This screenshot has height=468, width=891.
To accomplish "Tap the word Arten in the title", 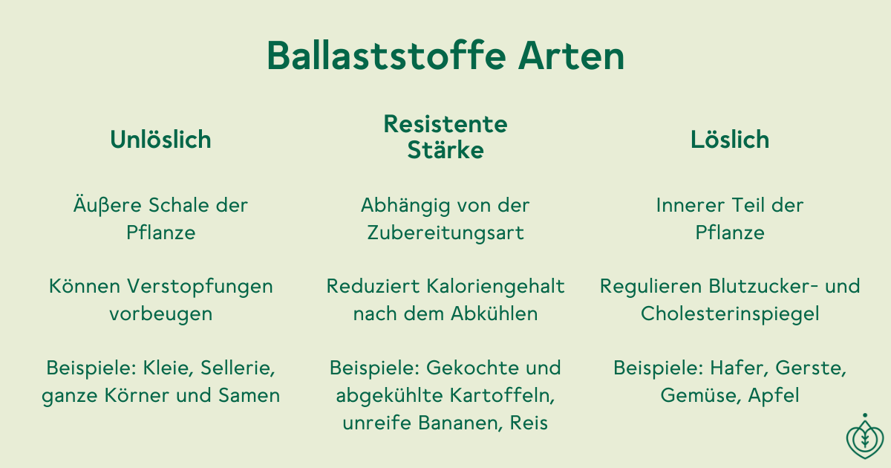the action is pyautogui.click(x=571, y=56).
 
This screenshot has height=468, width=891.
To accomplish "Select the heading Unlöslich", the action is pyautogui.click(x=160, y=140).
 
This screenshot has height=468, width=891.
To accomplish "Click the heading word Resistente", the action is pyautogui.click(x=446, y=124).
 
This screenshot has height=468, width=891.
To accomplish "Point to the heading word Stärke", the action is pyautogui.click(x=446, y=149).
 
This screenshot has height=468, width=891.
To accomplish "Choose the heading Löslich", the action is pyautogui.click(x=730, y=140).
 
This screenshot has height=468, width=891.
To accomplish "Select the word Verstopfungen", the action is pyautogui.click(x=200, y=287).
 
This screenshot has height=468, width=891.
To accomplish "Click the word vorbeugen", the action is pyautogui.click(x=160, y=314).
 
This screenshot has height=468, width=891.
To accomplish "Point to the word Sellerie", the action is pyautogui.click(x=238, y=368).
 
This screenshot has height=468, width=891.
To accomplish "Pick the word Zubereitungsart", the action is pyautogui.click(x=446, y=233).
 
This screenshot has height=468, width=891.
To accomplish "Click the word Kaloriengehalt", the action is pyautogui.click(x=496, y=287).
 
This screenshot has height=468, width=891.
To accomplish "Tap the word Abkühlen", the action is pyautogui.click(x=495, y=313).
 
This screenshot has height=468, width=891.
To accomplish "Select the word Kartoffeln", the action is pyautogui.click(x=503, y=395).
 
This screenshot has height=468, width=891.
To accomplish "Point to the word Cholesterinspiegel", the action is pyautogui.click(x=730, y=314).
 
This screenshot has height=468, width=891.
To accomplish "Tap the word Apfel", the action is pyautogui.click(x=774, y=395).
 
